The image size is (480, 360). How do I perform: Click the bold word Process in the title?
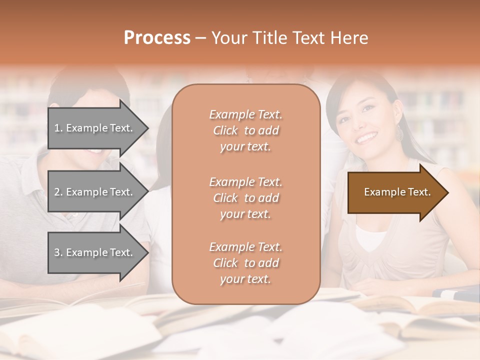point(157,38)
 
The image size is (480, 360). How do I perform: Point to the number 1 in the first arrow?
point(57,128)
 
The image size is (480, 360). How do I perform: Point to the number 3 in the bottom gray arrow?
point(57,253)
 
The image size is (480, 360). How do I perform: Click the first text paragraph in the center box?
point(245,130)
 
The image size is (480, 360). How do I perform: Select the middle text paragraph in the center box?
point(245,198)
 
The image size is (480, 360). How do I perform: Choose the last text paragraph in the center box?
point(245,263)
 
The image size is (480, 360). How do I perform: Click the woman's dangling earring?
point(400,132)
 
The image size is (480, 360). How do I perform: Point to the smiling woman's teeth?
point(366,136)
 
